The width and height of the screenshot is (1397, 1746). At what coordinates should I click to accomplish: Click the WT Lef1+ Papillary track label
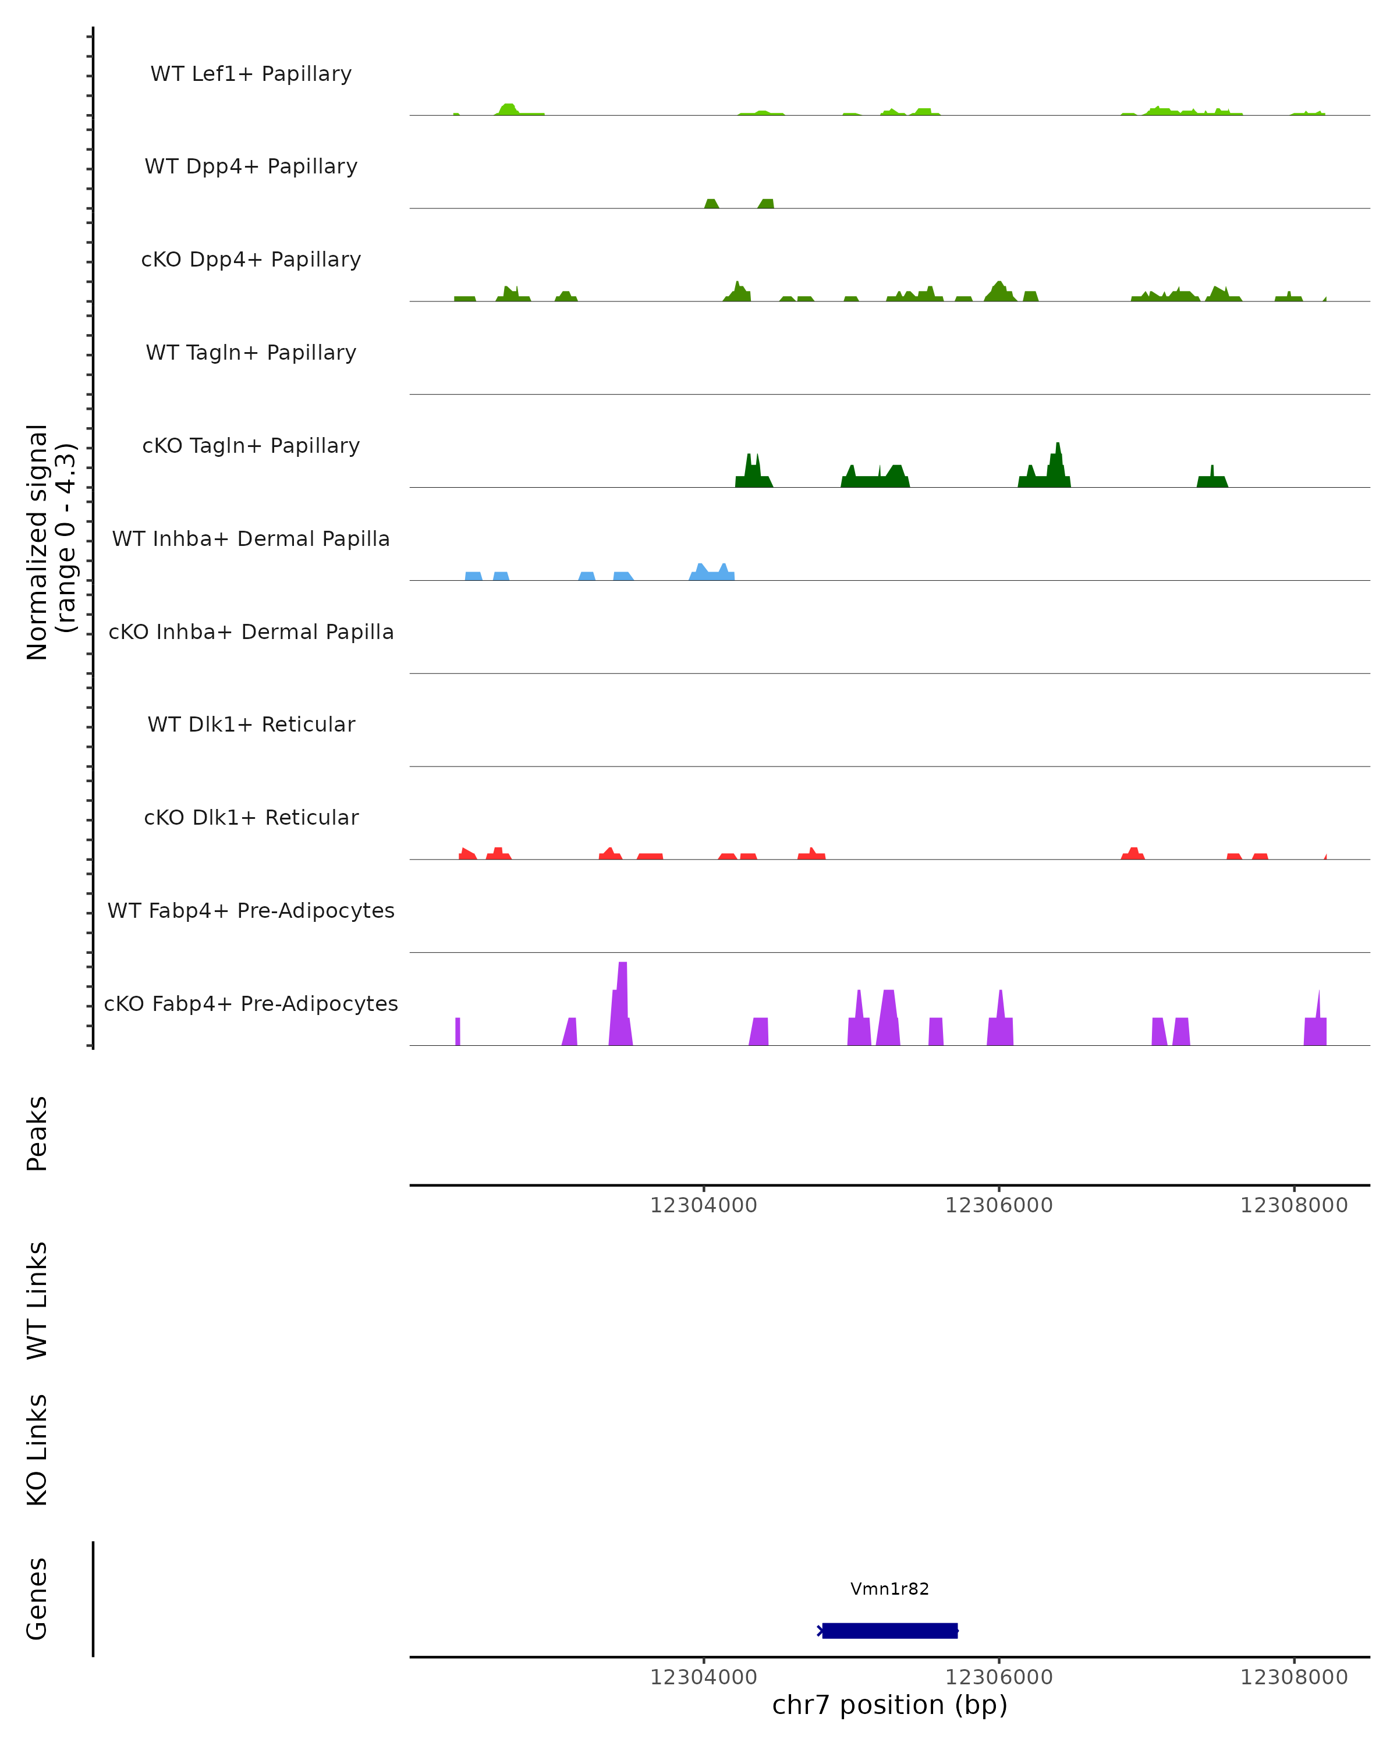pyautogui.click(x=251, y=74)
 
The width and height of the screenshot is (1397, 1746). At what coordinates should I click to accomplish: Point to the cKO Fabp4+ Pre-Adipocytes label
pyautogui.click(x=251, y=1003)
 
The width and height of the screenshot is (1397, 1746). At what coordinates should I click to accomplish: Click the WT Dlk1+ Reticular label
pyautogui.click(x=251, y=724)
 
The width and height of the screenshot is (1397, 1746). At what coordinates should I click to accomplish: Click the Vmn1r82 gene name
pyautogui.click(x=889, y=1589)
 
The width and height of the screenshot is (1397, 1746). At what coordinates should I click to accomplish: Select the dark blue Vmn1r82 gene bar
pyautogui.click(x=889, y=1630)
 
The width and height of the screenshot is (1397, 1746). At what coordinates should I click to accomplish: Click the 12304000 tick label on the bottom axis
pyautogui.click(x=703, y=1677)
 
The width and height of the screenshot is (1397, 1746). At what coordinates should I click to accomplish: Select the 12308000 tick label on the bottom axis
pyautogui.click(x=1293, y=1677)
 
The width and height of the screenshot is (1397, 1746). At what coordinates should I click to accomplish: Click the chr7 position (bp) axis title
pyautogui.click(x=889, y=1705)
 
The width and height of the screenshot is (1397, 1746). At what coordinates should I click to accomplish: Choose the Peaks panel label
pyautogui.click(x=37, y=1133)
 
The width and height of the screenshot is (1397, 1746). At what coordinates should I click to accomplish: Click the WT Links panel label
pyautogui.click(x=37, y=1301)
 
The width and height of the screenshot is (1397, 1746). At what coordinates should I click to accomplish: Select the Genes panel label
pyautogui.click(x=37, y=1599)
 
